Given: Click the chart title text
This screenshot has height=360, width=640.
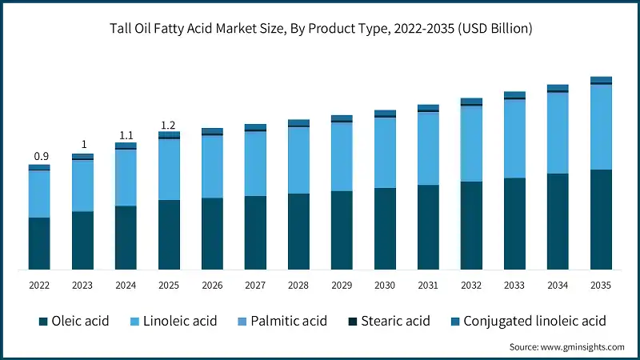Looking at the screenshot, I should click(320, 29).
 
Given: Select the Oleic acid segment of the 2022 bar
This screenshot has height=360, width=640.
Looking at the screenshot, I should click(39, 243).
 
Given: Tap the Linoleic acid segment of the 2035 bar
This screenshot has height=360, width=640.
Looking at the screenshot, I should click(601, 127).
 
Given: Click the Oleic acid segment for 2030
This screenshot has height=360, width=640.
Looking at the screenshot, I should click(385, 229).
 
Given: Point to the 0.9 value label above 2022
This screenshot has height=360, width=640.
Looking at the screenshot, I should click(39, 156).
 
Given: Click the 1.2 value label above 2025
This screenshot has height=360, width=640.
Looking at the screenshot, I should click(169, 126).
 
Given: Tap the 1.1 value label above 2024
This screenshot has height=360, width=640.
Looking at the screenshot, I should click(126, 136).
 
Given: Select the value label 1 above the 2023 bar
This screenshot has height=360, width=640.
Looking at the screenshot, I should click(82, 146).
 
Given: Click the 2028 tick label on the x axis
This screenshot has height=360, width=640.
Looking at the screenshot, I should click(298, 286).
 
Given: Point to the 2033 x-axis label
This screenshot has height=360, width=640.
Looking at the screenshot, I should click(514, 286).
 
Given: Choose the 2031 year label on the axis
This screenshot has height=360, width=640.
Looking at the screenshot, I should click(428, 286).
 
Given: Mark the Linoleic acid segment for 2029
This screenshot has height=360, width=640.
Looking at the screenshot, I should click(342, 157).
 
